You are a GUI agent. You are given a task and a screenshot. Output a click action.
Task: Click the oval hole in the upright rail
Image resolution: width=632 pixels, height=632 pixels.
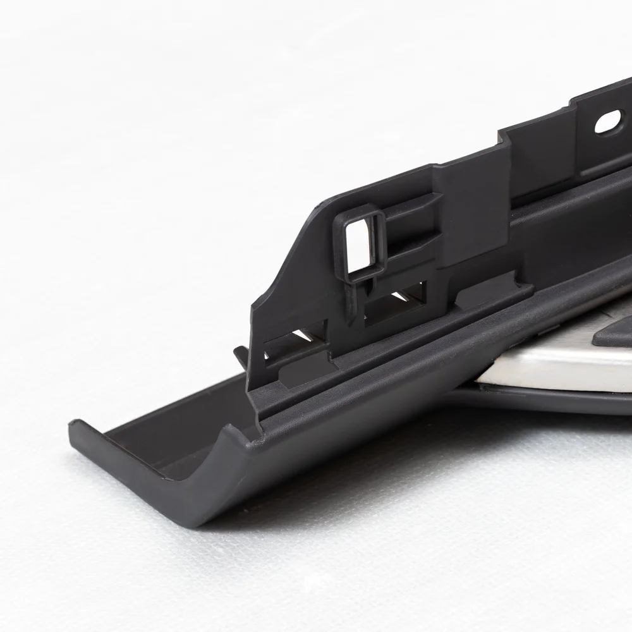(x=607, y=121)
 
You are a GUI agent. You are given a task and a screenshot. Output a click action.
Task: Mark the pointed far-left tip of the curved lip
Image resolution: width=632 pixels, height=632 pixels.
(x=73, y=430)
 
